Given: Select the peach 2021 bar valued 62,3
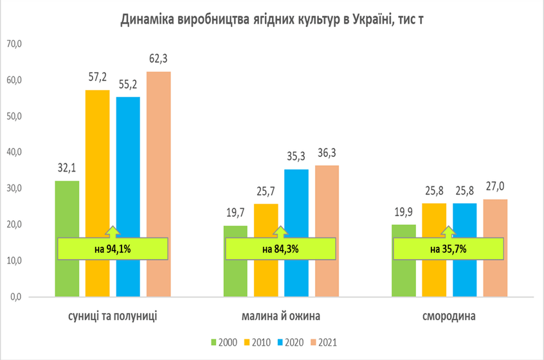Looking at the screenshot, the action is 159,184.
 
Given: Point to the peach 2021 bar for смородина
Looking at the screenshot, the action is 495,248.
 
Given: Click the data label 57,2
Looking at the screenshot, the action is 98,77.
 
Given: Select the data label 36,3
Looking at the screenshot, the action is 327,153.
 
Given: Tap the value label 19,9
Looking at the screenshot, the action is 403,212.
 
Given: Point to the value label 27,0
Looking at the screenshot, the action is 495,186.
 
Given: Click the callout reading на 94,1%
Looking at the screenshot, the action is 113,249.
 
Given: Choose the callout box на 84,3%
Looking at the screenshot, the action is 280,249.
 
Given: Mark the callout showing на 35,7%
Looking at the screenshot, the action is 448,249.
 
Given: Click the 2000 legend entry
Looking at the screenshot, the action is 224,343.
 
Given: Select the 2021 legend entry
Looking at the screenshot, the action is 324,343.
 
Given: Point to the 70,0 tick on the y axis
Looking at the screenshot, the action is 14,44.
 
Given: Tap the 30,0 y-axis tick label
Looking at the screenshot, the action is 14,188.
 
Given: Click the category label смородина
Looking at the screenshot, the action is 449,316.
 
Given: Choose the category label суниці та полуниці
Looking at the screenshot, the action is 113,316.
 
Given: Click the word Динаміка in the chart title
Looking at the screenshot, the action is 147,19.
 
